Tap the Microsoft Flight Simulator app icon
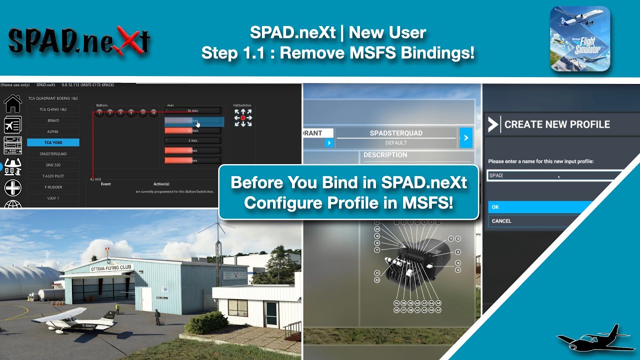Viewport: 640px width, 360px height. click(580, 38)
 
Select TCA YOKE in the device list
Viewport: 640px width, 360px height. click(53, 142)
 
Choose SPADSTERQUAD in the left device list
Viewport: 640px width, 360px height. click(53, 154)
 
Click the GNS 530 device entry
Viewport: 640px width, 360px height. click(53, 165)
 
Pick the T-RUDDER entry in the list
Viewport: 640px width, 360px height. click(53, 187)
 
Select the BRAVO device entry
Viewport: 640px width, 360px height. click(53, 120)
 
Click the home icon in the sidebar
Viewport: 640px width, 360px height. click(12, 103)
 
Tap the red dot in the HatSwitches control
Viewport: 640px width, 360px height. click(243, 118)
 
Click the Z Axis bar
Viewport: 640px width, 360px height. click(192, 140)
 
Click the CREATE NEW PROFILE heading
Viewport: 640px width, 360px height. click(556, 124)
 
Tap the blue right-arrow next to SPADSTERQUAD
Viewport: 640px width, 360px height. click(465, 138)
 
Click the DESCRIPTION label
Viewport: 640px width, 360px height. click(385, 155)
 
